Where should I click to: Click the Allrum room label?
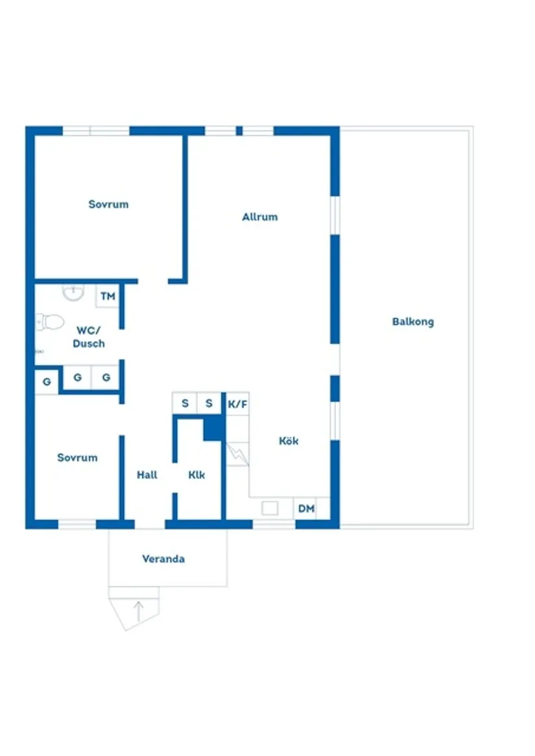click(x=259, y=217)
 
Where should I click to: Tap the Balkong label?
click(x=412, y=322)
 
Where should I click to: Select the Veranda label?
click(x=163, y=559)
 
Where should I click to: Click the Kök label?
click(x=289, y=441)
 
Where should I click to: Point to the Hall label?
click(x=147, y=475)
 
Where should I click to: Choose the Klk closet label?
click(x=196, y=475)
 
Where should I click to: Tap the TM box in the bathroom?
click(x=108, y=296)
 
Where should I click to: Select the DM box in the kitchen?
click(x=306, y=509)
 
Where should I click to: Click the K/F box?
click(x=237, y=404)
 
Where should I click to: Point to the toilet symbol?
click(x=50, y=321)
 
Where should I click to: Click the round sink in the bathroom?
click(x=73, y=293)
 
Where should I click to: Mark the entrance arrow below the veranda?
click(x=138, y=610)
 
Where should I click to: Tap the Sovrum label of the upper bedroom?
click(x=108, y=204)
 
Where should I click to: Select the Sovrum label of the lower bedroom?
click(x=77, y=458)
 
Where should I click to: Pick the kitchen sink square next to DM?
click(x=270, y=508)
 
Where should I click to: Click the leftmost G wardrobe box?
click(x=47, y=382)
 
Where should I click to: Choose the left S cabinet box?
click(x=185, y=403)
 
